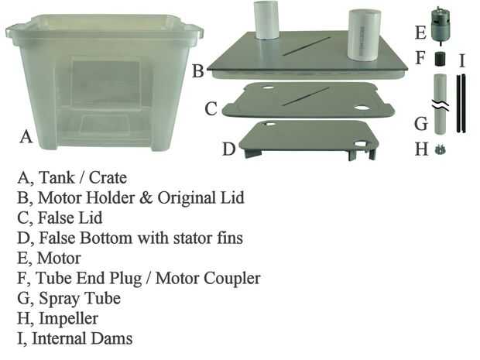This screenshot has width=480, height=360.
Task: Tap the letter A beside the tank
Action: coord(26,137)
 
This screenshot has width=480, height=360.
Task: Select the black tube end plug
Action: coord(442,59)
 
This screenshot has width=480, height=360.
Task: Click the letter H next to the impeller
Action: coord(421,149)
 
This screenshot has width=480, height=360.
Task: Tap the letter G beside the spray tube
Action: coord(421,122)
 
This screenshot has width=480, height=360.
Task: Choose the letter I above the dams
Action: coord(462,60)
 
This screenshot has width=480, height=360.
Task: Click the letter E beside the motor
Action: coord(420,33)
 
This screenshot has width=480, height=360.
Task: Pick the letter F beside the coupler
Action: coord(421,58)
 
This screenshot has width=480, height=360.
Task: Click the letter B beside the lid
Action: coord(198,71)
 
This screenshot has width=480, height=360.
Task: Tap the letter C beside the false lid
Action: coord(211,109)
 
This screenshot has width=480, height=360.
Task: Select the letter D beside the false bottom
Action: coord(228,149)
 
